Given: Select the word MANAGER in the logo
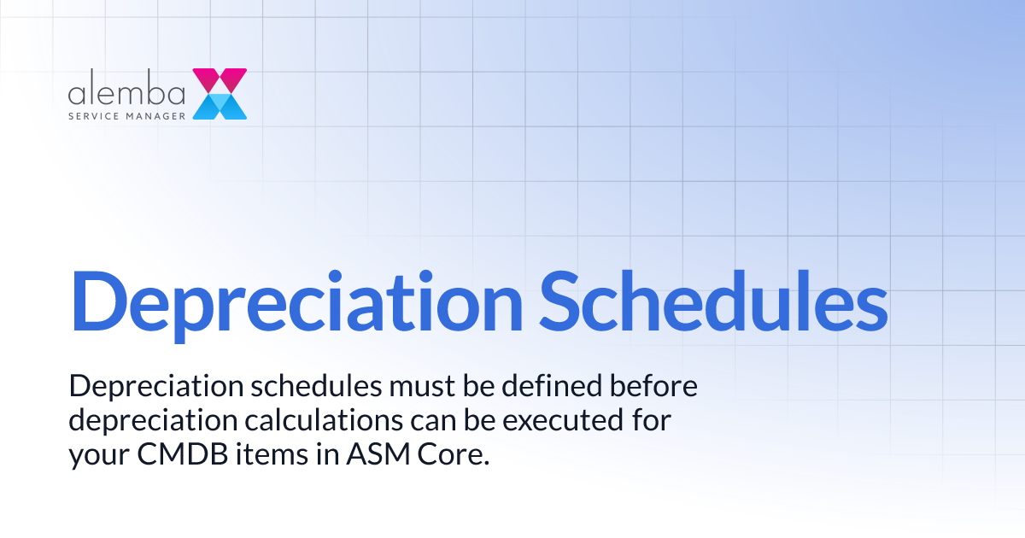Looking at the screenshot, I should click(157, 115).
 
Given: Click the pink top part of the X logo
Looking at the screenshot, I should click(220, 80).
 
